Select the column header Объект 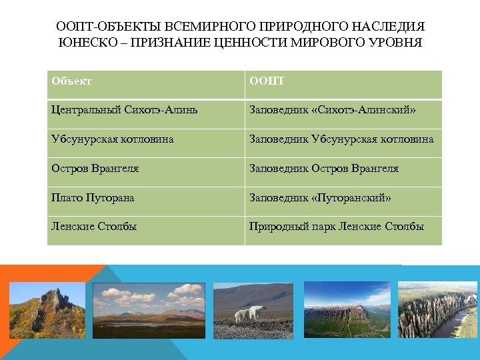pyautogui.click(x=71, y=81)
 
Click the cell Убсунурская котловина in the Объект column pyautogui.click(x=112, y=139)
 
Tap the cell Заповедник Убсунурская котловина pyautogui.click(x=341, y=139)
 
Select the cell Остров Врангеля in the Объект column pyautogui.click(x=95, y=169)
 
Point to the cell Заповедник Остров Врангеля pyautogui.click(x=324, y=169)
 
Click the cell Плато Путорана pyautogui.click(x=93, y=198)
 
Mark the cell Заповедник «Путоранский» pyautogui.click(x=320, y=198)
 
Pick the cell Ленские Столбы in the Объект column pyautogui.click(x=94, y=227)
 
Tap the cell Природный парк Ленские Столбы pyautogui.click(x=337, y=227)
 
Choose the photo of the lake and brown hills pyautogui.click(x=149, y=310)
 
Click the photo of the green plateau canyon pyautogui.click(x=347, y=310)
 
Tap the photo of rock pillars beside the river pyautogui.click(x=437, y=310)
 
